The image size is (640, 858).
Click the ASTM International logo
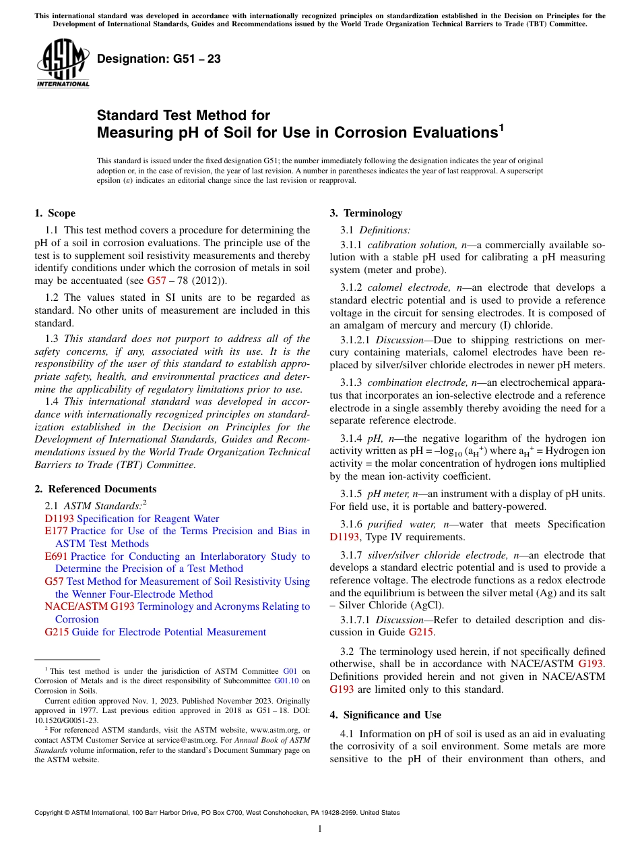click(63, 63)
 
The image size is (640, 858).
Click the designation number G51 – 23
click(159, 59)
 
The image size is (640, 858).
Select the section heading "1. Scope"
click(55, 213)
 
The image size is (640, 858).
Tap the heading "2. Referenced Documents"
click(96, 489)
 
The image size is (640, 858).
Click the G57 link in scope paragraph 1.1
click(156, 281)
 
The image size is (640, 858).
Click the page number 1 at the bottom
click(320, 829)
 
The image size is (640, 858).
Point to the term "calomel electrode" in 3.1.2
click(410, 288)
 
